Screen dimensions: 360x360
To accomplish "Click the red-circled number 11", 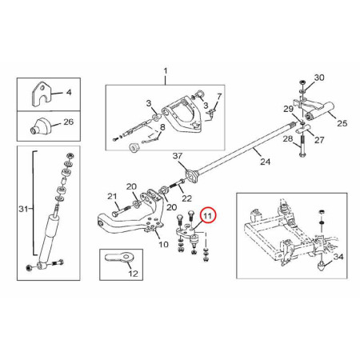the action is coord(208,215).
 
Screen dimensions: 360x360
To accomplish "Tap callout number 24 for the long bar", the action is coord(265,162).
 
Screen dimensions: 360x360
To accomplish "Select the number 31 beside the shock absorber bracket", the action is coord(23,209).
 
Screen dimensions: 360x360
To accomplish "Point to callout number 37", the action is coord(178,156).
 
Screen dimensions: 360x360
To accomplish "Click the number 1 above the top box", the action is coord(166,71).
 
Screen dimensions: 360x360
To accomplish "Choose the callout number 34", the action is coord(338,257).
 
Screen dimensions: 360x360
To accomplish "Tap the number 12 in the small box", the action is coord(134,274).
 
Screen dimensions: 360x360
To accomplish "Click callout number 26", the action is coord(68,122).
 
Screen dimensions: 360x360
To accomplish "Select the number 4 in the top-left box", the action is coord(69,93).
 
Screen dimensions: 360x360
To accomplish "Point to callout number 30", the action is coord(319,78).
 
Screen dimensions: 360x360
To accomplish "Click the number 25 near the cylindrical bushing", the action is coord(342,123).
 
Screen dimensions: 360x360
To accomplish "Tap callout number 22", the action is coord(186,198).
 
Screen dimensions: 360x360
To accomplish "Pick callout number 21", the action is coord(112,197).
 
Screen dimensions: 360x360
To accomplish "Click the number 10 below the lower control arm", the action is coord(163,244).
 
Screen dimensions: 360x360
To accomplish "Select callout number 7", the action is coord(219,96).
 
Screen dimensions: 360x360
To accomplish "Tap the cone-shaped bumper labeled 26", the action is coord(39,126).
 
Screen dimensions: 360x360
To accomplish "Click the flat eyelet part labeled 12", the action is coord(120,258).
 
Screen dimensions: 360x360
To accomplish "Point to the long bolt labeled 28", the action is coord(302,146).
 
